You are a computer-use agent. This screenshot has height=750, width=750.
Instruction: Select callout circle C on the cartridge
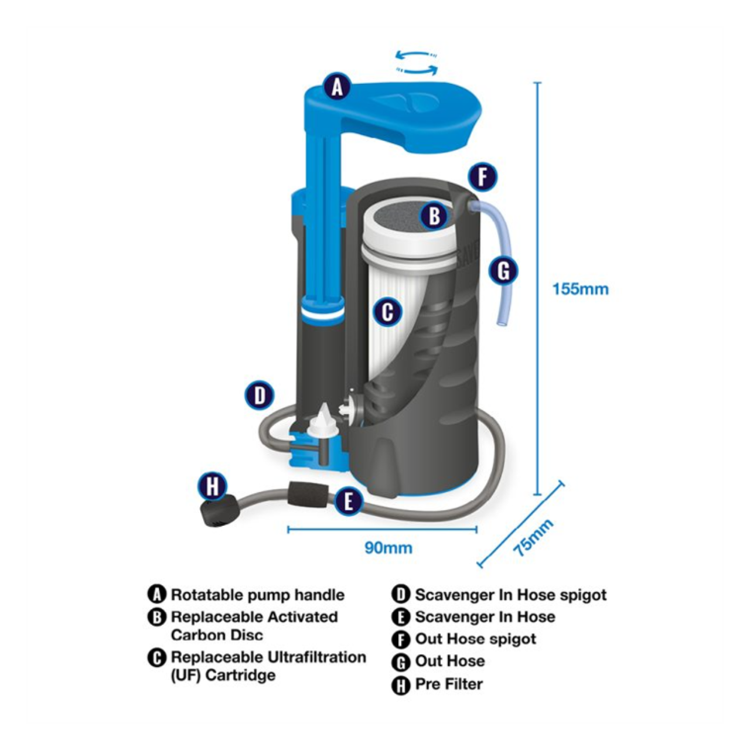(x=388, y=312)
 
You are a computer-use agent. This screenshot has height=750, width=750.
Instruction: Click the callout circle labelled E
(x=349, y=501)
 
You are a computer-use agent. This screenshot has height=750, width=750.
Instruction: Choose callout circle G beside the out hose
(x=504, y=271)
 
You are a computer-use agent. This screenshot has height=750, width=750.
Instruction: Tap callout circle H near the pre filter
(x=212, y=486)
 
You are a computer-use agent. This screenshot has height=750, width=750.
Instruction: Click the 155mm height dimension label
(x=580, y=289)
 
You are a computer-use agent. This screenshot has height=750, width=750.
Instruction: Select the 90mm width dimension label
(x=388, y=548)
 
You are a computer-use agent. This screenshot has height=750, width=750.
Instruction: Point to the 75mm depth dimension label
(x=533, y=537)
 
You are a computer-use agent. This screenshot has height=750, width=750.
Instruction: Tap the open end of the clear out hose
(x=501, y=322)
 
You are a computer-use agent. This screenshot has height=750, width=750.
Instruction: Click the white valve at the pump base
(x=322, y=424)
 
